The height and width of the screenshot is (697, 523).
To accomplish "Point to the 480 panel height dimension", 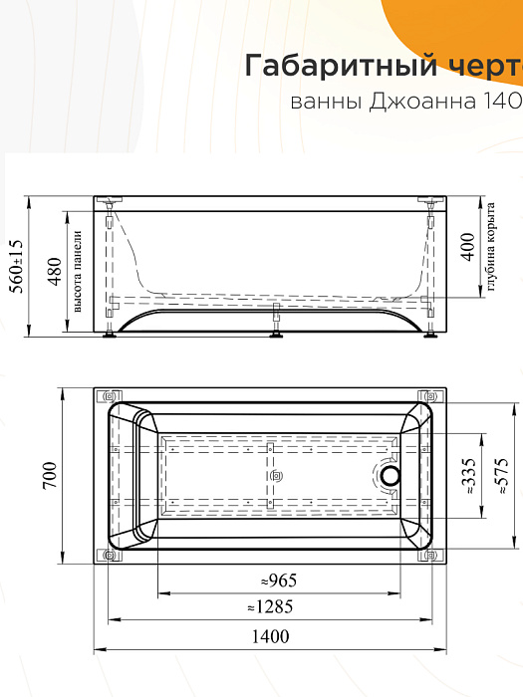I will point(55,266).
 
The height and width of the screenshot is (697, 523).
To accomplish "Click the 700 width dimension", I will point(50,477).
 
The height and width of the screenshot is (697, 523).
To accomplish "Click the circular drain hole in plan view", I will point(390,477).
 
